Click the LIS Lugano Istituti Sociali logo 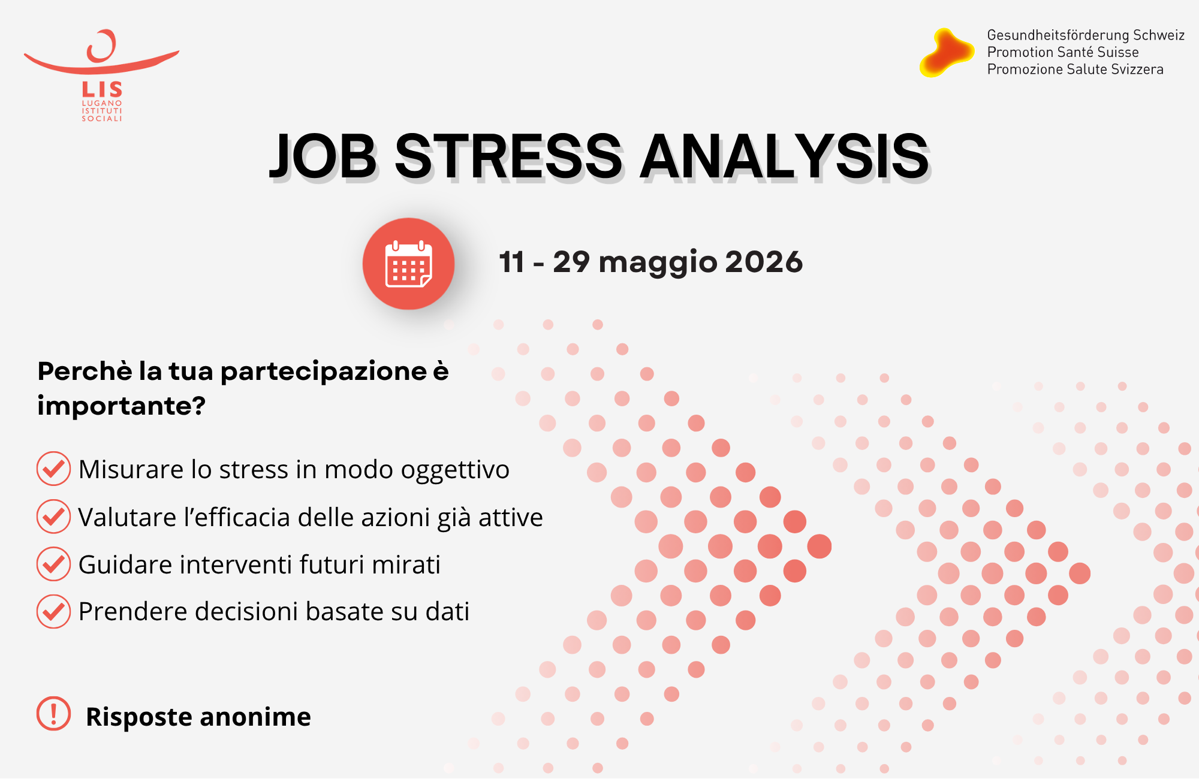101,75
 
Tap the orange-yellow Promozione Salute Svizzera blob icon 947,53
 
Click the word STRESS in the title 508,156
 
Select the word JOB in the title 323,156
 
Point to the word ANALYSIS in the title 785,156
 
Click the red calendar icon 408,264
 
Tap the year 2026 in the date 763,262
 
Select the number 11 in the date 511,262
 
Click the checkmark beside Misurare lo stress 53,469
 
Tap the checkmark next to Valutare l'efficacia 53,516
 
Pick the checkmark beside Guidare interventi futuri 53,564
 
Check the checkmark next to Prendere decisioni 53,611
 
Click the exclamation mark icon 53,714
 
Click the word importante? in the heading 121,406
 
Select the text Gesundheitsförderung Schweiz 1086,35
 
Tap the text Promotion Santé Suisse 1063,52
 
